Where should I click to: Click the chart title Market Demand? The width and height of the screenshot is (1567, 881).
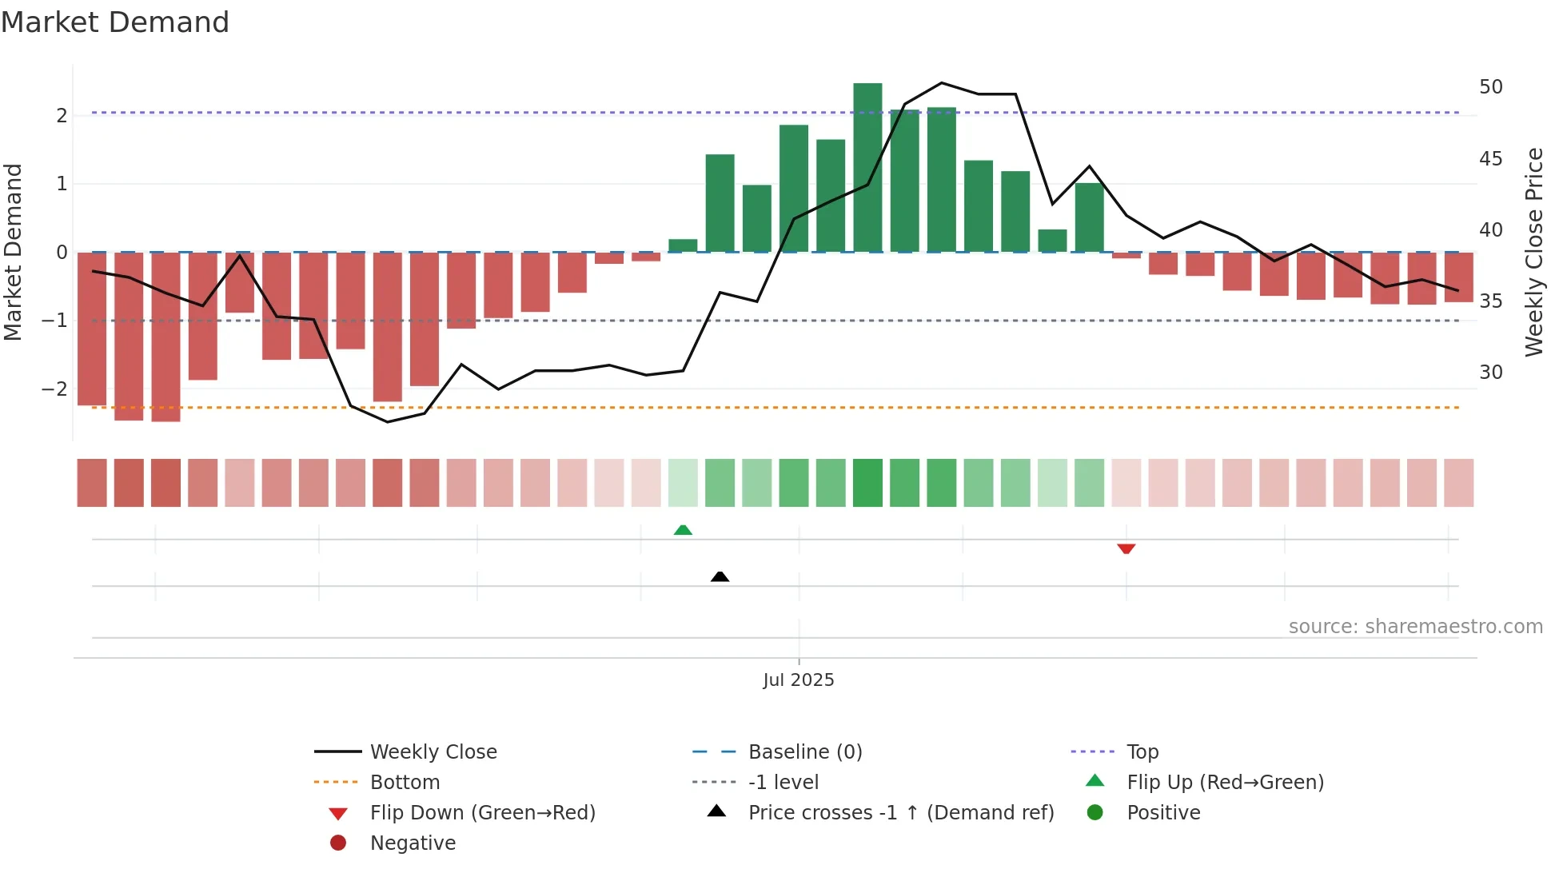[x=115, y=22]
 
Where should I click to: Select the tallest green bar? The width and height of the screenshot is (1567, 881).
[x=867, y=168]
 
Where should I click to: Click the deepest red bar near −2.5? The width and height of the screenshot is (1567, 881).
[x=165, y=336]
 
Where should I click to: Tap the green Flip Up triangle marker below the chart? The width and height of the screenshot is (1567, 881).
[x=683, y=530]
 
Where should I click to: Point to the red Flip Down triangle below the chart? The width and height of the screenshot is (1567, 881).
[x=1126, y=548]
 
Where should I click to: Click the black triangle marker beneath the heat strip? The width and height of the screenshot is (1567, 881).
[x=720, y=576]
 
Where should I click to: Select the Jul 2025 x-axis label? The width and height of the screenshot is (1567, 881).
[x=798, y=680]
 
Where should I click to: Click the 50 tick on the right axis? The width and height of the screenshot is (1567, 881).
[x=1490, y=87]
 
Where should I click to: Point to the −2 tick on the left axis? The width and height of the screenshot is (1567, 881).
[x=54, y=389]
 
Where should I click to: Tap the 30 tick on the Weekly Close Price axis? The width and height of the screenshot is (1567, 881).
[x=1490, y=373]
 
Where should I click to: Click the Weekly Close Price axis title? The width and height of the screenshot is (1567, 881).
[x=1533, y=252]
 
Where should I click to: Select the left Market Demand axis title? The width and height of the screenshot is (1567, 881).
[x=14, y=252]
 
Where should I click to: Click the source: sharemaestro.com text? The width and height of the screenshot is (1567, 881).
[x=1415, y=627]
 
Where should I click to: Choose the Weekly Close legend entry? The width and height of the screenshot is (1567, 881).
[x=433, y=752]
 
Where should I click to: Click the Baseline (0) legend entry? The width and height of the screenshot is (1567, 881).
[x=804, y=752]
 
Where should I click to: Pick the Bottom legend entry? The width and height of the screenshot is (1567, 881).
[x=405, y=783]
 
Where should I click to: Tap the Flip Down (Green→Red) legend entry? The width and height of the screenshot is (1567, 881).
[x=482, y=813]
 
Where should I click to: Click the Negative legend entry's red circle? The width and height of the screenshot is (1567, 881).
[x=338, y=843]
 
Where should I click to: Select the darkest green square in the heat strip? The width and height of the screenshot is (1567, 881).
[x=867, y=483]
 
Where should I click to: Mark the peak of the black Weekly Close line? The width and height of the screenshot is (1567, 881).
[x=941, y=83]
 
